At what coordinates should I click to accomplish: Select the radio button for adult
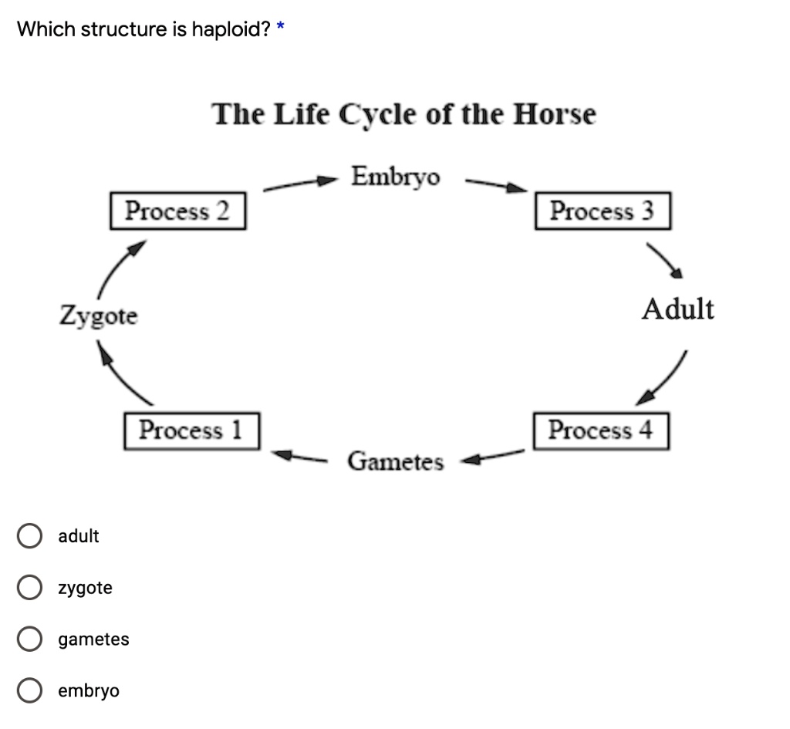pyautogui.click(x=29, y=536)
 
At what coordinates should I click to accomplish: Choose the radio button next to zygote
pyautogui.click(x=29, y=589)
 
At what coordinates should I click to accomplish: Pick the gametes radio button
pyautogui.click(x=29, y=640)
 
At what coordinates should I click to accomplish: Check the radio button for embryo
pyautogui.click(x=29, y=690)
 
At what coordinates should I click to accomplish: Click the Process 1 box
pyautogui.click(x=191, y=430)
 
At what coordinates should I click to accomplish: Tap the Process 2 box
pyautogui.click(x=177, y=211)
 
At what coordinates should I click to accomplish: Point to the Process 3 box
pyautogui.click(x=602, y=211)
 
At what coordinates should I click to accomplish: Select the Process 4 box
pyautogui.click(x=600, y=430)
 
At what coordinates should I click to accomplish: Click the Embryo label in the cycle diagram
pyautogui.click(x=396, y=177)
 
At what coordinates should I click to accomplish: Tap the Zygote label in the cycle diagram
pyautogui.click(x=99, y=316)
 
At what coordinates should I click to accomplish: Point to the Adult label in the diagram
pyautogui.click(x=678, y=309)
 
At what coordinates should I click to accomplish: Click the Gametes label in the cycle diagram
pyautogui.click(x=396, y=462)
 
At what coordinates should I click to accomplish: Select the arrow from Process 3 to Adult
pyautogui.click(x=665, y=260)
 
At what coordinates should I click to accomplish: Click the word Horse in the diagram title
pyautogui.click(x=555, y=114)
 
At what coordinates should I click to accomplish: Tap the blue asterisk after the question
pyautogui.click(x=281, y=28)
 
